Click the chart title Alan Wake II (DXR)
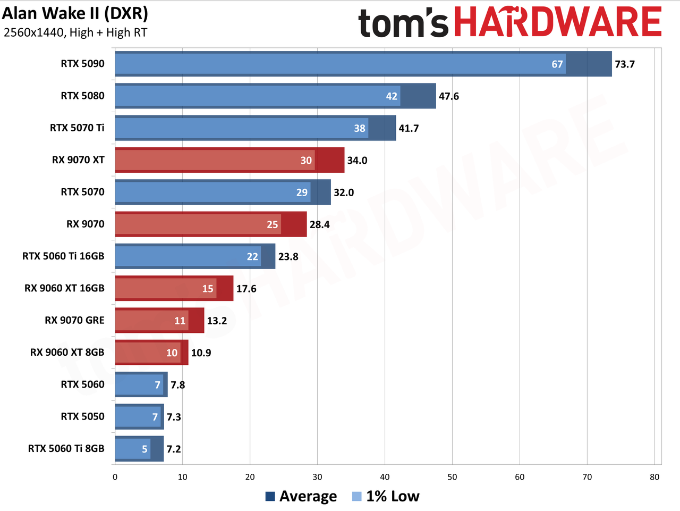(x=75, y=14)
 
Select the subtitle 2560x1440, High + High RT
(x=75, y=32)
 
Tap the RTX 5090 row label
(x=82, y=64)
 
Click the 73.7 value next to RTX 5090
(x=625, y=64)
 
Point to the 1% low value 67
(x=557, y=64)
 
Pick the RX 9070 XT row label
(x=78, y=160)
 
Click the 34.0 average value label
(x=357, y=160)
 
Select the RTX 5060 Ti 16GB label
(x=63, y=256)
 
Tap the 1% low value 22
(x=252, y=256)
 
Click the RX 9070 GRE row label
(x=74, y=320)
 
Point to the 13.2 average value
(x=217, y=321)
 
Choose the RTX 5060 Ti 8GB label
(x=66, y=449)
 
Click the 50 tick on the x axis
(x=452, y=477)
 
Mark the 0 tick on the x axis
(x=115, y=477)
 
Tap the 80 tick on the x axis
(x=654, y=477)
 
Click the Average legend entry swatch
(x=270, y=497)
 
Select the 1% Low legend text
(x=393, y=496)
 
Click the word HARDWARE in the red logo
(x=558, y=22)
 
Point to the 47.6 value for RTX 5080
(x=448, y=96)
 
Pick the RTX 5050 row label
(x=82, y=416)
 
